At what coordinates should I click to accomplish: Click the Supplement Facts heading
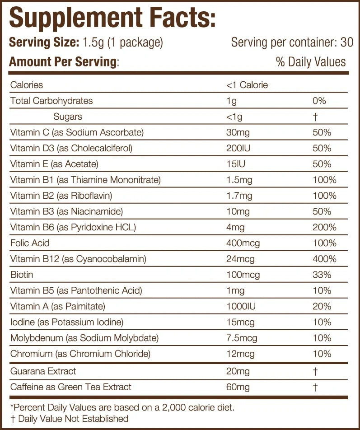112,18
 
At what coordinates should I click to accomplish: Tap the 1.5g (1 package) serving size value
122,43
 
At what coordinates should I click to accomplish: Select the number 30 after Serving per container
347,43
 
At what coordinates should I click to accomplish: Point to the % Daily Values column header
311,62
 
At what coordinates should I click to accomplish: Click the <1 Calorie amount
247,85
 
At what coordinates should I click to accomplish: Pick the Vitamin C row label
77,132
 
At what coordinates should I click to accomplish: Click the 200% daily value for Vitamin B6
324,227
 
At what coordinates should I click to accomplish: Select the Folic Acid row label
29,243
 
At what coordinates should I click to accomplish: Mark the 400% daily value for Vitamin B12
324,259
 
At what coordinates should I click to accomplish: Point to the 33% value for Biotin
322,275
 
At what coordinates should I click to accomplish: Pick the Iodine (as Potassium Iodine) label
67,322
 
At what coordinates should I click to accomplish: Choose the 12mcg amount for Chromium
240,354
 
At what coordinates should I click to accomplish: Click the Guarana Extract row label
43,371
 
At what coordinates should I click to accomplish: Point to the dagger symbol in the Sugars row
315,117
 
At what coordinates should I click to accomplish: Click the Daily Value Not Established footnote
69,419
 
